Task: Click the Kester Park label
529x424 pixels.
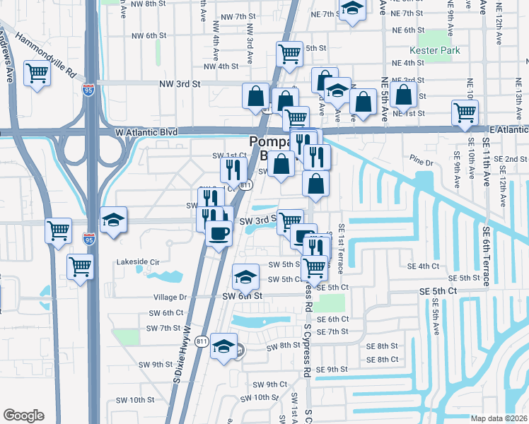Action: coord(435,50)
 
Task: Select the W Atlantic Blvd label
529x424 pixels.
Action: coord(144,131)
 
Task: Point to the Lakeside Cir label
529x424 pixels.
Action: coord(134,261)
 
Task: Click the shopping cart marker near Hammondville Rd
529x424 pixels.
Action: coord(36,73)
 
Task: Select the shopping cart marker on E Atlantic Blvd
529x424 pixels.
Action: coord(465,112)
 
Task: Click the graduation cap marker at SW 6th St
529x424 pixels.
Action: coord(245,276)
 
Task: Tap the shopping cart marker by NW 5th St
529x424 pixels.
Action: coord(289,54)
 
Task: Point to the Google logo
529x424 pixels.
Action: coord(23,416)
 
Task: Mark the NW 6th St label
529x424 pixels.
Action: coord(149,35)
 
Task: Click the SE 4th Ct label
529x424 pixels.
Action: coord(424,266)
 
